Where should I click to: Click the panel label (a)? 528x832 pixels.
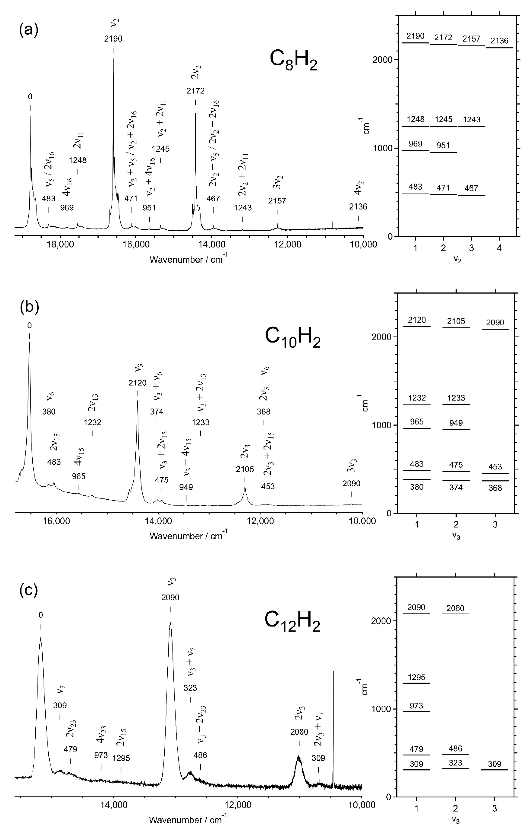28,30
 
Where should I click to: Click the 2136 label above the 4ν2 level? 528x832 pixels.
499,41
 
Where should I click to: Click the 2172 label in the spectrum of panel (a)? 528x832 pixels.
195,91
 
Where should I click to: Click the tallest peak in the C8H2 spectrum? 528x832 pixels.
113,59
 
